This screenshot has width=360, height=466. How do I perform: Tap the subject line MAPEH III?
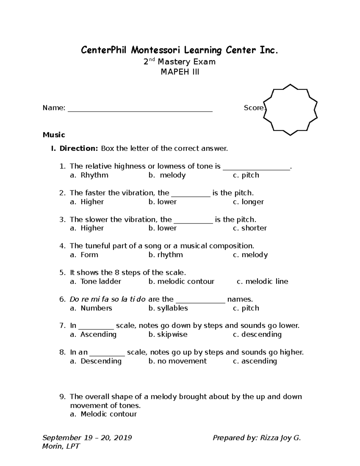point(180,72)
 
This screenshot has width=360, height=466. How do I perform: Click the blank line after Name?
point(140,108)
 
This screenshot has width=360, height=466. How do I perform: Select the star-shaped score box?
point(290,110)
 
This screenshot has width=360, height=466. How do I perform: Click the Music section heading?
point(54,135)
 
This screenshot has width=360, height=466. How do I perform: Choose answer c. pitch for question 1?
point(246,175)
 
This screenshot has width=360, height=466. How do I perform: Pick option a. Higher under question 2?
point(87,202)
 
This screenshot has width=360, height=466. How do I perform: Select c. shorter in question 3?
point(250,228)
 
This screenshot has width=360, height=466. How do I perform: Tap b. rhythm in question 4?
point(166,255)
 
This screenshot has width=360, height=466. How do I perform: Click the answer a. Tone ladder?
point(95,281)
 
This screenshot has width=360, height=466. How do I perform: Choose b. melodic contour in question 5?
point(181,281)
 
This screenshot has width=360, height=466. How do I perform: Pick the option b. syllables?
point(168,308)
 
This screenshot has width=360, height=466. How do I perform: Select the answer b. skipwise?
point(168,334)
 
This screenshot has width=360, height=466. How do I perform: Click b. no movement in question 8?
point(177,361)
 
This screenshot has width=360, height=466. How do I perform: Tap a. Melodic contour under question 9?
point(103,414)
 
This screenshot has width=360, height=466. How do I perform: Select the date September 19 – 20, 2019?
point(87,438)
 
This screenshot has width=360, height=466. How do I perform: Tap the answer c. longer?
point(248,202)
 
